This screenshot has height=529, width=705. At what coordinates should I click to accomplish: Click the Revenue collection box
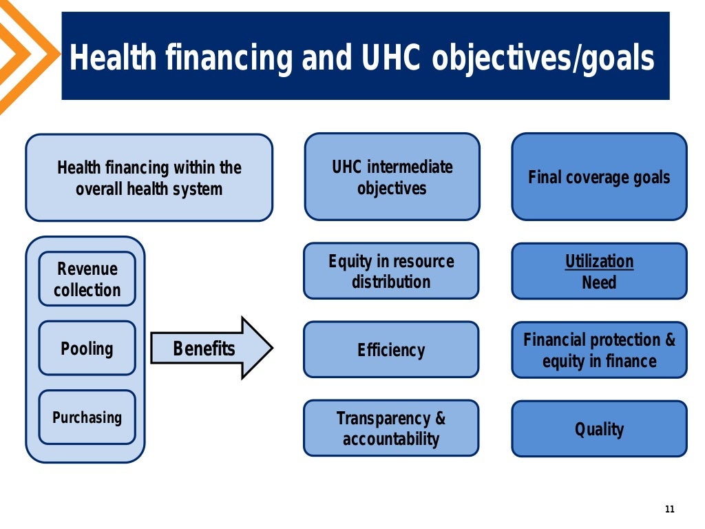click(x=87, y=279)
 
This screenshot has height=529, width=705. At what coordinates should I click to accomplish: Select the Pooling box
click(x=87, y=348)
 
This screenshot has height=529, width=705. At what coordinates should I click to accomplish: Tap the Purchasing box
click(x=87, y=417)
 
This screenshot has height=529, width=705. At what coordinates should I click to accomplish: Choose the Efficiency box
click(x=391, y=350)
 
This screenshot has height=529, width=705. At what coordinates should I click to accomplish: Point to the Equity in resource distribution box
click(x=391, y=271)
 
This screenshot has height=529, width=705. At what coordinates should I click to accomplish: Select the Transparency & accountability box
click(x=391, y=428)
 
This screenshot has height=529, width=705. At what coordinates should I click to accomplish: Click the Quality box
click(x=599, y=428)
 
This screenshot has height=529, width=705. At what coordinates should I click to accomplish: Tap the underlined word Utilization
click(x=599, y=262)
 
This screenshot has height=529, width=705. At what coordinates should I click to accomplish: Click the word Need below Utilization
click(x=599, y=282)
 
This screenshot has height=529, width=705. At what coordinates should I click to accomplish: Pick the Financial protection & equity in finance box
click(x=599, y=350)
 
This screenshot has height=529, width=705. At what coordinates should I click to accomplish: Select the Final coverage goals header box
click(x=599, y=177)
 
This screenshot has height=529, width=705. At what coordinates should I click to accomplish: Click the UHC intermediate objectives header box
click(x=392, y=177)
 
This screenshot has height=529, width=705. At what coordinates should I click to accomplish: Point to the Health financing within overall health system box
click(x=149, y=178)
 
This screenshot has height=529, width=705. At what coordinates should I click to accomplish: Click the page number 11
click(x=669, y=509)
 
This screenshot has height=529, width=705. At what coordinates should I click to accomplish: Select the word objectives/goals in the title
click(x=543, y=59)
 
